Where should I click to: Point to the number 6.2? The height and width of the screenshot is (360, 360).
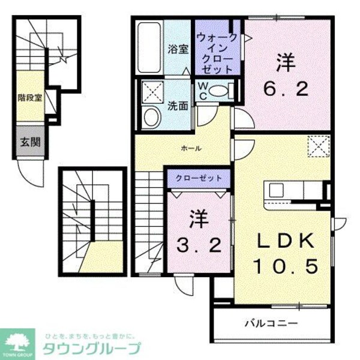coord(287,89)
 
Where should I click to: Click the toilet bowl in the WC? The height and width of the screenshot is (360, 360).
coord(220,91)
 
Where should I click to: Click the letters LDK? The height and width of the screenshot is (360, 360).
coord(286,241)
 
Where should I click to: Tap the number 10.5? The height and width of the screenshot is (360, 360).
coord(286,265)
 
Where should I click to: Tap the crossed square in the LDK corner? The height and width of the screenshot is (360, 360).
coord(317,146)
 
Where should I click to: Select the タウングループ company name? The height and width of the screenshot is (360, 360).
coord(92,349)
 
